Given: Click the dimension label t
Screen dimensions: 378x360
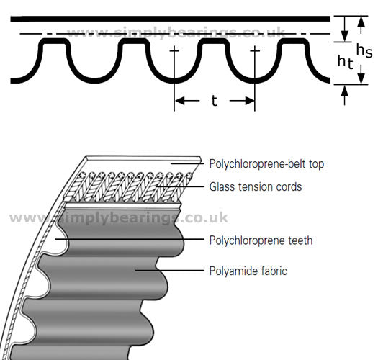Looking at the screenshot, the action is click(x=214, y=101).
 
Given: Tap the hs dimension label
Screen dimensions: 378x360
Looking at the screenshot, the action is click(x=364, y=51).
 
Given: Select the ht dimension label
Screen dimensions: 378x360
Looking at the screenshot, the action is click(x=345, y=62).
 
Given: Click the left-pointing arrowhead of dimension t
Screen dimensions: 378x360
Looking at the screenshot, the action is click(x=180, y=101).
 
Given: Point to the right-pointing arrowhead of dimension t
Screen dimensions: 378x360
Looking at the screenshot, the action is click(x=249, y=101).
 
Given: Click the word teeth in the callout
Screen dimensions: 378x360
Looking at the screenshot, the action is click(x=300, y=240).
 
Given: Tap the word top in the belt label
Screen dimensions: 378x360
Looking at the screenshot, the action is click(x=316, y=165).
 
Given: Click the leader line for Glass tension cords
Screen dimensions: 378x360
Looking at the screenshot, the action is click(x=180, y=186).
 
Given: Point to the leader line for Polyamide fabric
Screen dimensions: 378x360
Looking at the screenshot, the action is click(x=170, y=270).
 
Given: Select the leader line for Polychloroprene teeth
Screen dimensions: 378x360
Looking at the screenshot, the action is click(x=130, y=239).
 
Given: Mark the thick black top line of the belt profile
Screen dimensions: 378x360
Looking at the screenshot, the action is click(x=170, y=19).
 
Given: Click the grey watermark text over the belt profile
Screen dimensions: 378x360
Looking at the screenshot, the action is click(x=176, y=32).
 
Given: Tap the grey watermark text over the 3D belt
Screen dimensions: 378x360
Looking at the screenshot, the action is click(x=118, y=217).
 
